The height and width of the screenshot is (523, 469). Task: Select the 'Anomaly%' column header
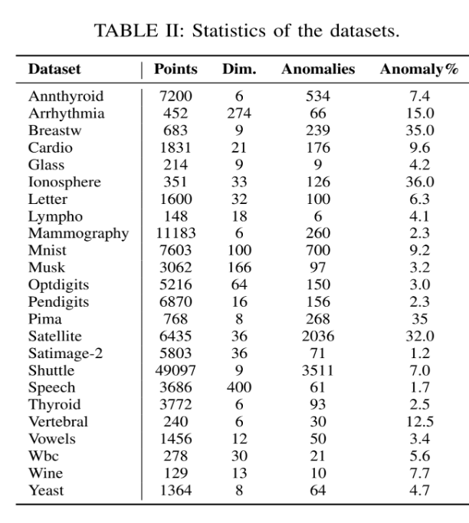419,69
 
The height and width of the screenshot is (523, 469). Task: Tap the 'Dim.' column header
239,69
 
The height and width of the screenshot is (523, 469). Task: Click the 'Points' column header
175,69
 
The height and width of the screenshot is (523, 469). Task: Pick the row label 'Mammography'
79,233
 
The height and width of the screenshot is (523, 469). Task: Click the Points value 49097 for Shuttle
175,370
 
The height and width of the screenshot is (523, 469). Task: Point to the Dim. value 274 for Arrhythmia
239,113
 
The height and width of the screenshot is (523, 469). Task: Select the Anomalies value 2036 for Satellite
318,336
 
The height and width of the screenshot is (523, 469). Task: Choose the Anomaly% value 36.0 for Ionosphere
419,182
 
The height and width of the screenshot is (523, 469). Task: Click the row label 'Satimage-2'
66,353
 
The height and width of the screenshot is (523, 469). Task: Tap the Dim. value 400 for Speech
239,387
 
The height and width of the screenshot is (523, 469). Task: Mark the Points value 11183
175,233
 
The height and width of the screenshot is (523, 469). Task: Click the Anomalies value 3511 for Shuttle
318,370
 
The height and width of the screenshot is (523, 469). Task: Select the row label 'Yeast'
47,490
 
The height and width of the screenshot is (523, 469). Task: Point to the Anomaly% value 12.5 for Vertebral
419,421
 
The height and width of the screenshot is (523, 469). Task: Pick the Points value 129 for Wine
175,473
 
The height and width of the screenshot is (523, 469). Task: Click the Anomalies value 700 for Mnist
318,250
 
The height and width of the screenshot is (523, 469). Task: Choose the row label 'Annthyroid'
66,97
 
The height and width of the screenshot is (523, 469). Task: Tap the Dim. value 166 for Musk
239,268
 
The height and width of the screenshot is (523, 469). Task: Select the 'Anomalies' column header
318,69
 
